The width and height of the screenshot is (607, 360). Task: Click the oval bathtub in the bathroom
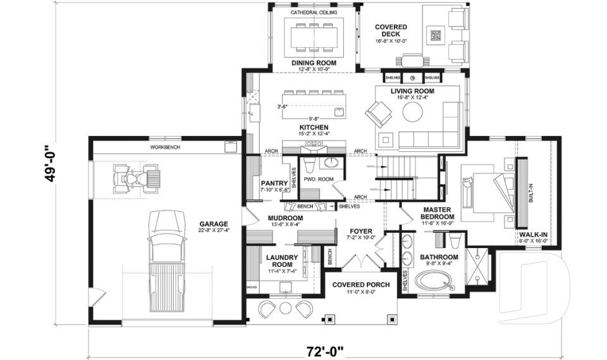[436, 281]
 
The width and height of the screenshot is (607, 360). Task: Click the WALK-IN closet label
[532, 233]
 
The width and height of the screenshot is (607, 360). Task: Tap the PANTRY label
[274, 183]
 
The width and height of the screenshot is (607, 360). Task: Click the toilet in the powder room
[309, 166]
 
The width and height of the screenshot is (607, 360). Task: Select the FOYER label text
[360, 231]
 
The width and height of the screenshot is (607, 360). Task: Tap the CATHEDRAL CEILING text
[314, 12]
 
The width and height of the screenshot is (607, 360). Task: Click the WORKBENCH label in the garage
[165, 147]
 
